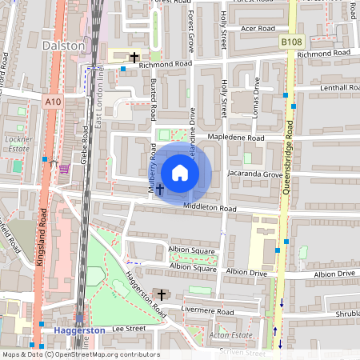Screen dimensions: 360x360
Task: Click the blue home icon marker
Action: pos(180,172)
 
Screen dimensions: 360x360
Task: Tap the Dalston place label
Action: pos(63,46)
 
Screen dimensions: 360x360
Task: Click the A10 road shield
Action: pos(54,102)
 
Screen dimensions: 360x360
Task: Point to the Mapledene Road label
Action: pos(236,138)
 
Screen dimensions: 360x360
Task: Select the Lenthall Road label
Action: pos(329,87)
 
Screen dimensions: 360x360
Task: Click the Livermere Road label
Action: pos(206,311)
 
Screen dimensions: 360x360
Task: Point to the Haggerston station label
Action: pos(80,330)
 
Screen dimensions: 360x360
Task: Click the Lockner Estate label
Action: pos(18,143)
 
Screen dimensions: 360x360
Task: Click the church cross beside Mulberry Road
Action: pos(158,190)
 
